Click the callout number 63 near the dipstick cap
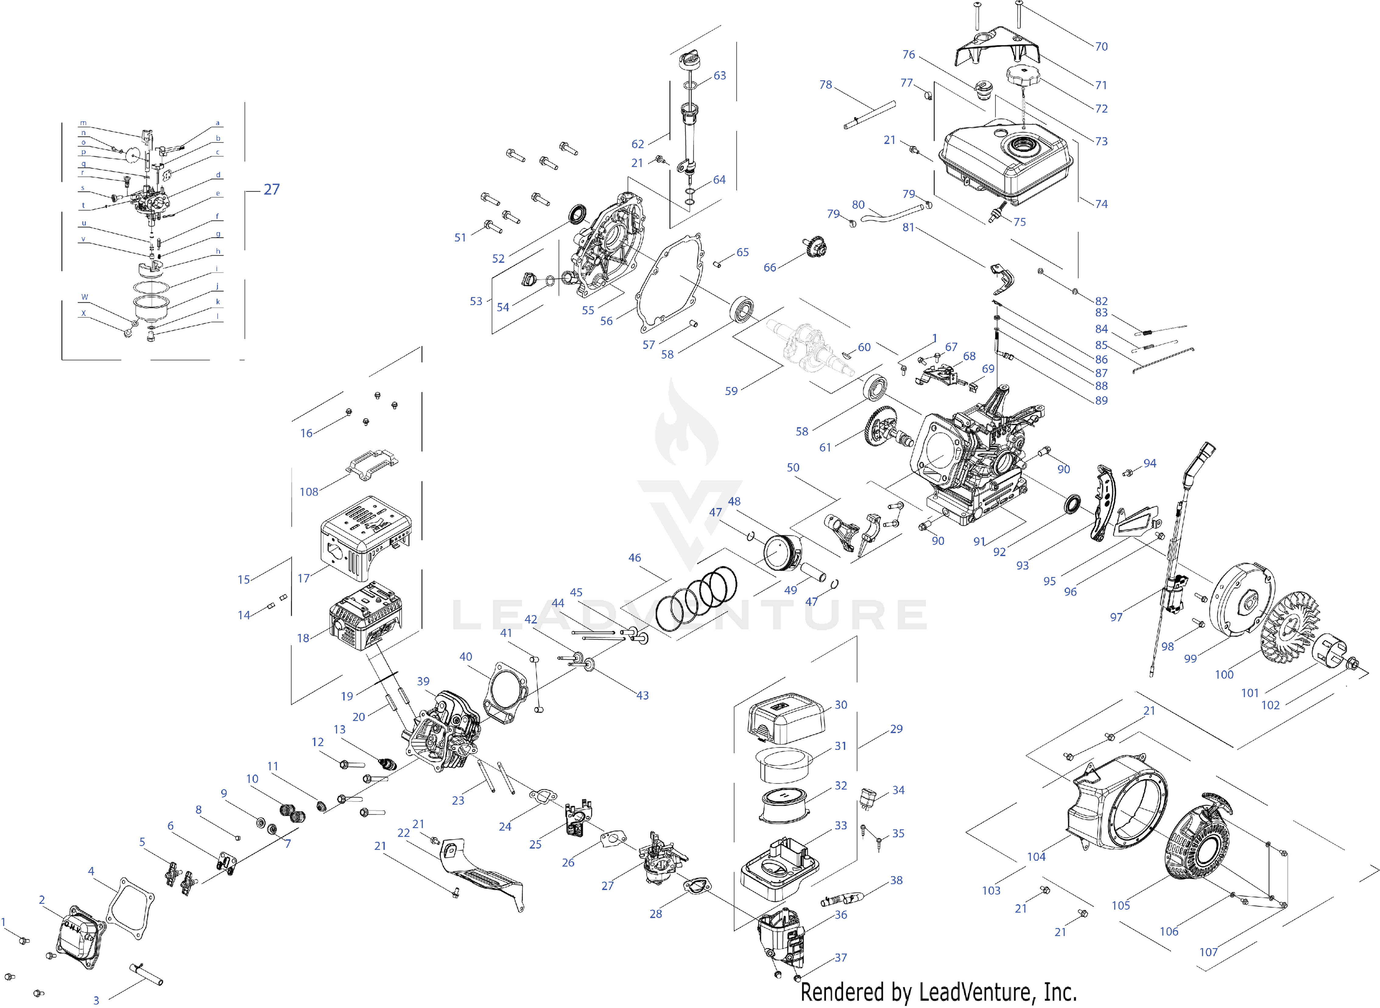pyautogui.click(x=720, y=76)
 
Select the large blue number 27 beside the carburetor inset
pyautogui.click(x=271, y=190)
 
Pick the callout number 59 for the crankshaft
pyautogui.click(x=731, y=391)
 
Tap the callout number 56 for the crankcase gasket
pyautogui.click(x=606, y=321)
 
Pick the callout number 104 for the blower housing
pyautogui.click(x=1036, y=857)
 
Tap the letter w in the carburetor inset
pyautogui.click(x=85, y=297)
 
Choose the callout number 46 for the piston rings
pyautogui.click(x=635, y=558)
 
